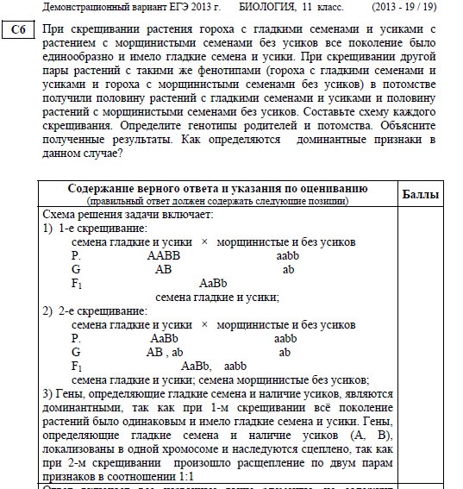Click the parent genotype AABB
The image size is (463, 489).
click(164, 256)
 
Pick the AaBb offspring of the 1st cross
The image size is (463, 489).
click(212, 284)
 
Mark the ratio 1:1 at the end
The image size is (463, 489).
click(185, 476)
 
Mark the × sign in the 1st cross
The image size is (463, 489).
click(203, 242)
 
